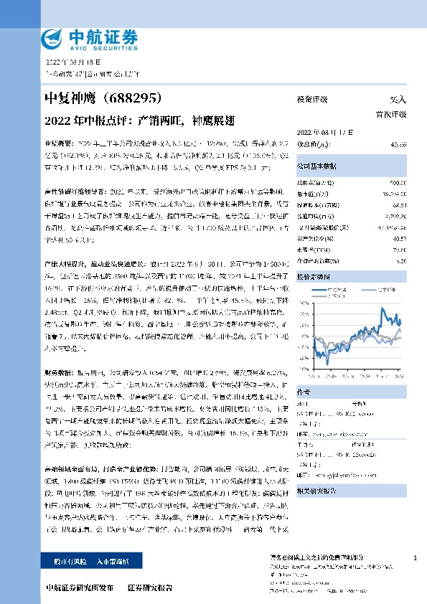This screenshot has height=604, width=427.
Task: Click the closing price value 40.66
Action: coord(398,144)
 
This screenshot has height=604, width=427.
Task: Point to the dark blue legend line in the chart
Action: coord(319,290)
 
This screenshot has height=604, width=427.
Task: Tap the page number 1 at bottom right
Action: coord(416,558)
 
